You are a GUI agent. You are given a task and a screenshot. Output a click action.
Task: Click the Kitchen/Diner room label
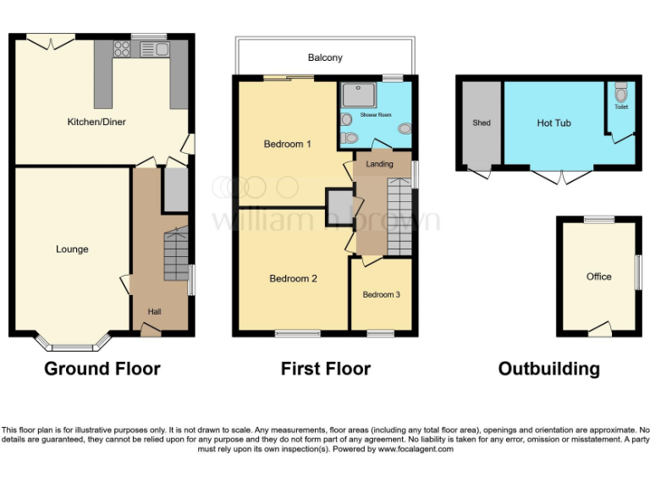click(x=96, y=123)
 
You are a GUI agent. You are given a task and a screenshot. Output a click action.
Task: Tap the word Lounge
click(x=72, y=249)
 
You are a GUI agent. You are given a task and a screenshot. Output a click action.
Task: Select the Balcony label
click(x=325, y=58)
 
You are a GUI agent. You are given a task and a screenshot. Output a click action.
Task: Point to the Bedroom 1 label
click(x=287, y=144)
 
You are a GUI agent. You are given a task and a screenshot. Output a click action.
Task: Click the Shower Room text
click(x=376, y=114)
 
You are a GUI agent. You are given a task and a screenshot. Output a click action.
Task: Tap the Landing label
click(x=379, y=164)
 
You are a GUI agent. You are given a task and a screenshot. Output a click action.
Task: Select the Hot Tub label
click(x=554, y=123)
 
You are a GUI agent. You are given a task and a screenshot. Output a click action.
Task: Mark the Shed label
click(x=482, y=123)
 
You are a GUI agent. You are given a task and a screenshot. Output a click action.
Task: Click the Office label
click(x=598, y=277)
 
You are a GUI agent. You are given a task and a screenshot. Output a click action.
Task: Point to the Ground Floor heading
click(x=102, y=369)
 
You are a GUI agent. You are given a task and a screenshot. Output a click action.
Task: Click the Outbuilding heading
click(x=548, y=369)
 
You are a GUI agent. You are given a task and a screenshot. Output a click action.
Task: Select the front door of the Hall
click(x=151, y=330)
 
